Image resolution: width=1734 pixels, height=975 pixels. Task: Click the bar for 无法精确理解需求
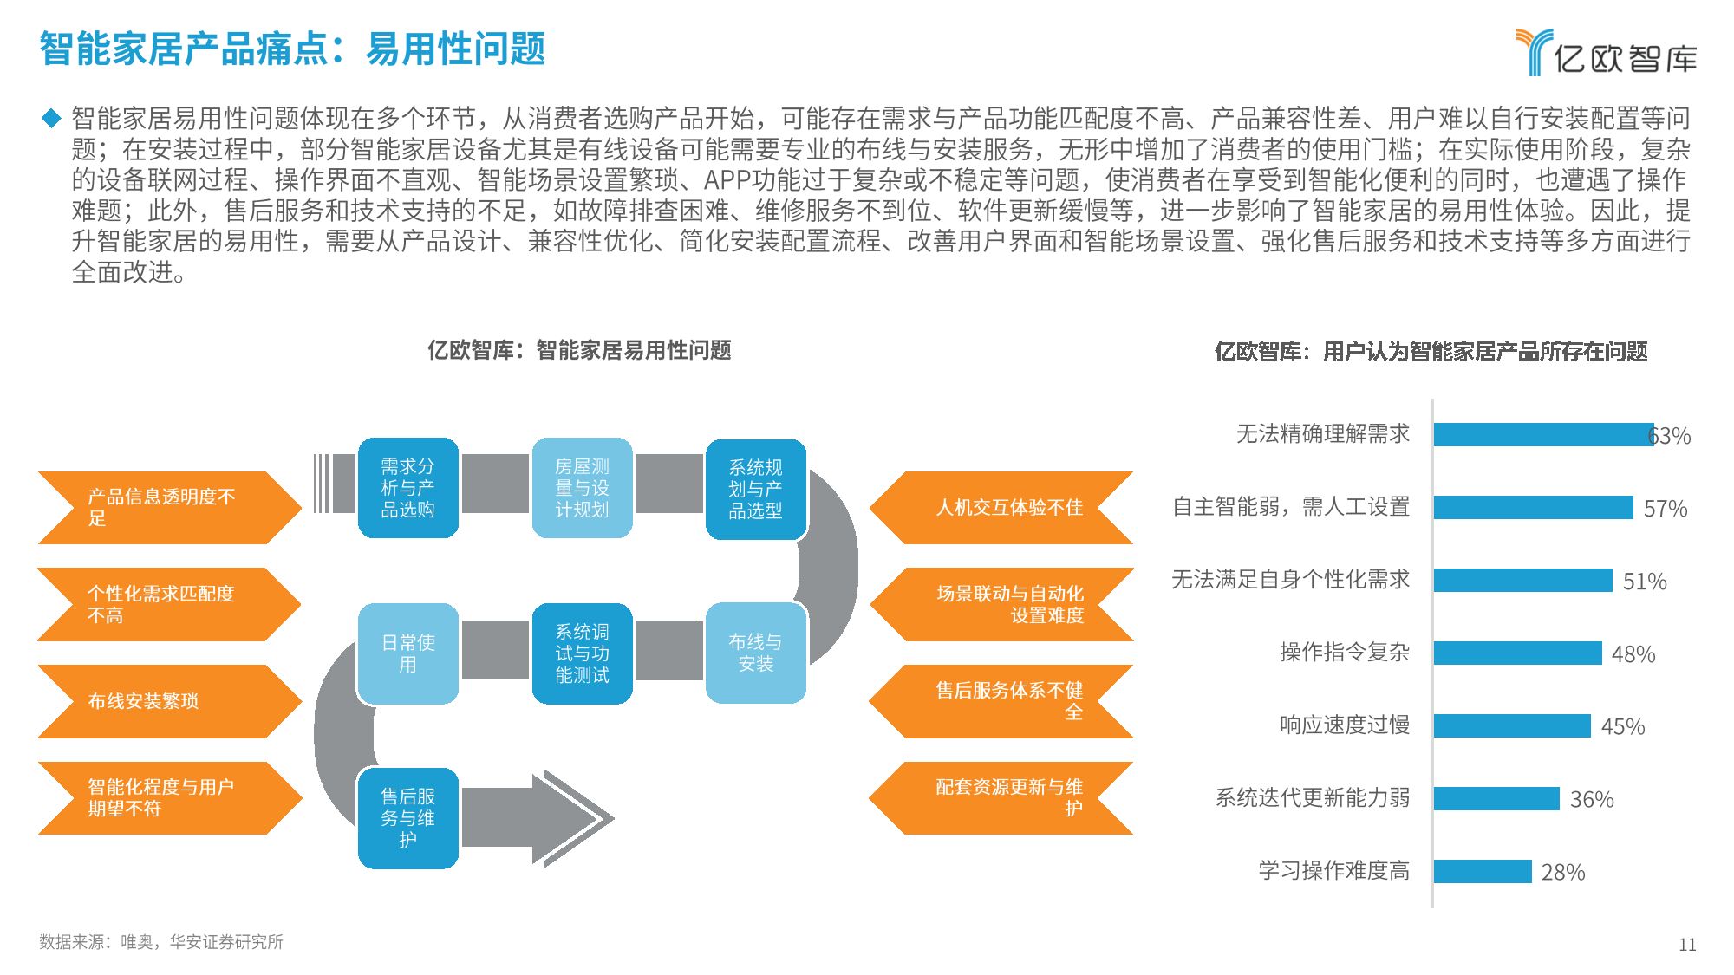pyautogui.click(x=1543, y=434)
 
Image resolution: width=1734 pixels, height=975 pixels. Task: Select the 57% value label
pyautogui.click(x=1665, y=508)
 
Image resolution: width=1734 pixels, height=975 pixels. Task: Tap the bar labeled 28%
pyautogui.click(x=1483, y=871)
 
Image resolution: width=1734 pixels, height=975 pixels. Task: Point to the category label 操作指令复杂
pyautogui.click(x=1345, y=652)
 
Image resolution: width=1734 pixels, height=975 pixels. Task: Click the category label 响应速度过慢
pyautogui.click(x=1345, y=725)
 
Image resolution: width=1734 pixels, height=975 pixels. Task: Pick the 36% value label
pyautogui.click(x=1592, y=799)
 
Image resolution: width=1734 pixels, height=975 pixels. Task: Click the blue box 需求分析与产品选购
pyautogui.click(x=407, y=488)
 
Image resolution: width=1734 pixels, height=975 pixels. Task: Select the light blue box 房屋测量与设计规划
pyautogui.click(x=582, y=488)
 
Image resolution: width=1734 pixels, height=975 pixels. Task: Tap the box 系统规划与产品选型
pyautogui.click(x=755, y=489)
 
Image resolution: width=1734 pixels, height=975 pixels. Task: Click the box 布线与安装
pyautogui.click(x=755, y=653)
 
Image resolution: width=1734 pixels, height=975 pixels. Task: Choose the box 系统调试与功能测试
pyautogui.click(x=582, y=653)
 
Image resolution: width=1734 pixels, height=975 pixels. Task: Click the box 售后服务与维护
pyautogui.click(x=407, y=817)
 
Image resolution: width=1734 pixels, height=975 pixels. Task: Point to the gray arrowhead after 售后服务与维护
pyautogui.click(x=572, y=818)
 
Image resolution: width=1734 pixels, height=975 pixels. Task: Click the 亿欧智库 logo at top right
pyautogui.click(x=1607, y=53)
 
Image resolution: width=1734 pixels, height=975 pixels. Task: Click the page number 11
pyautogui.click(x=1686, y=945)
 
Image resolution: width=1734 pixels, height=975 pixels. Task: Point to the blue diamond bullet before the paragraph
pyautogui.click(x=51, y=118)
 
